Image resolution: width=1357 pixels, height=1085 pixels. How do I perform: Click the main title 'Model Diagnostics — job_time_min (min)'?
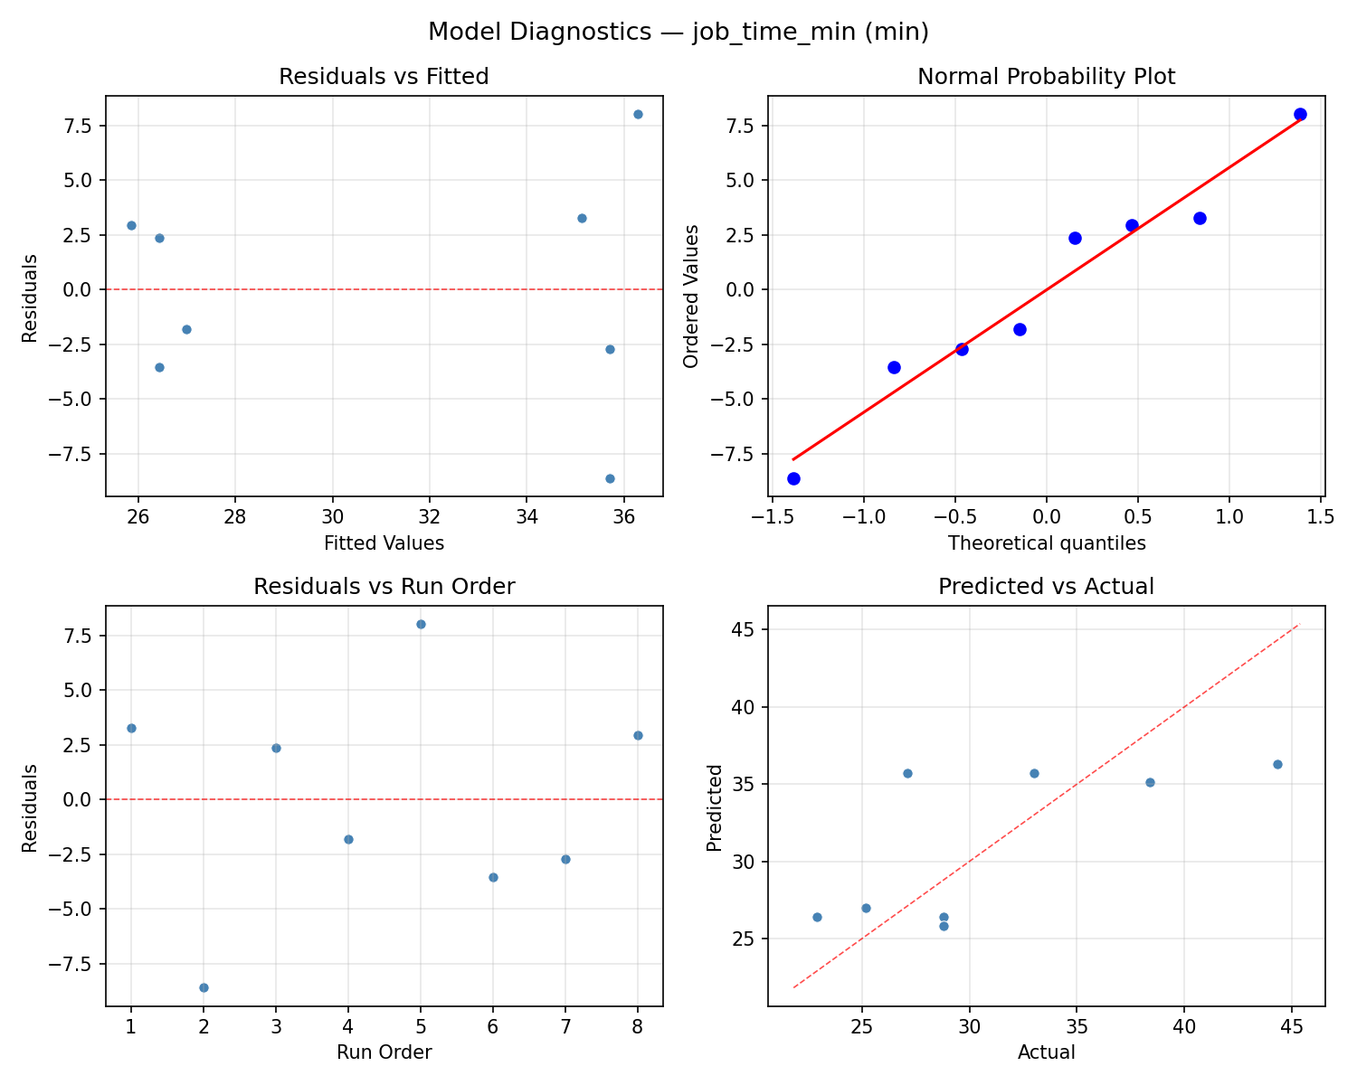678,32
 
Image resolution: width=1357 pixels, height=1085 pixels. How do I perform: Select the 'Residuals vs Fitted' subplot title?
384,77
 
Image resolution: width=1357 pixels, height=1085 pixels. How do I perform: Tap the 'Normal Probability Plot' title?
1046,77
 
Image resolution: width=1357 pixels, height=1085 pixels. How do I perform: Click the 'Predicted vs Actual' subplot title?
1046,587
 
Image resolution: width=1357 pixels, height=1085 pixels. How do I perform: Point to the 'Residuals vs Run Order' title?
384,587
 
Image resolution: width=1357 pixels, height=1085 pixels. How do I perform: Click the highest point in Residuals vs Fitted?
638,114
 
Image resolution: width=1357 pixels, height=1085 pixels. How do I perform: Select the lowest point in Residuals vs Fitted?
610,478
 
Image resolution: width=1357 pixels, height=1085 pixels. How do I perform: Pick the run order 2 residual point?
204,987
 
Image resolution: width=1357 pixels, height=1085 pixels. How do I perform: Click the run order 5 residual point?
421,624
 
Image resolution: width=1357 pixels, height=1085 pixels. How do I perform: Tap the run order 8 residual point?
638,735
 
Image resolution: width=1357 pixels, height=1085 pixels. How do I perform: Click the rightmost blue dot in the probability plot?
1300,114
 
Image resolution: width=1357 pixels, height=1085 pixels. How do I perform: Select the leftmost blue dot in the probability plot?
793,478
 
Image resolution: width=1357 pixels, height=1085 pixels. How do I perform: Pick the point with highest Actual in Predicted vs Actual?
1277,764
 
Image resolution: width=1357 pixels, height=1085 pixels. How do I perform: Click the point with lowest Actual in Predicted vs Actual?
817,917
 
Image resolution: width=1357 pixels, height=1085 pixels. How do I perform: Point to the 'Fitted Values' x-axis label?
384,543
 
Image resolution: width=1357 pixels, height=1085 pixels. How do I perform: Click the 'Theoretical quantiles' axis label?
1046,543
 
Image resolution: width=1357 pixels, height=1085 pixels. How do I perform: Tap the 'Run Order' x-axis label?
384,1052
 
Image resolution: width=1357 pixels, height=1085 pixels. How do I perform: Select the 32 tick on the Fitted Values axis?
430,516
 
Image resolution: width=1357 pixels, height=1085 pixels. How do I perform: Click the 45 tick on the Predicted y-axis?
744,629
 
